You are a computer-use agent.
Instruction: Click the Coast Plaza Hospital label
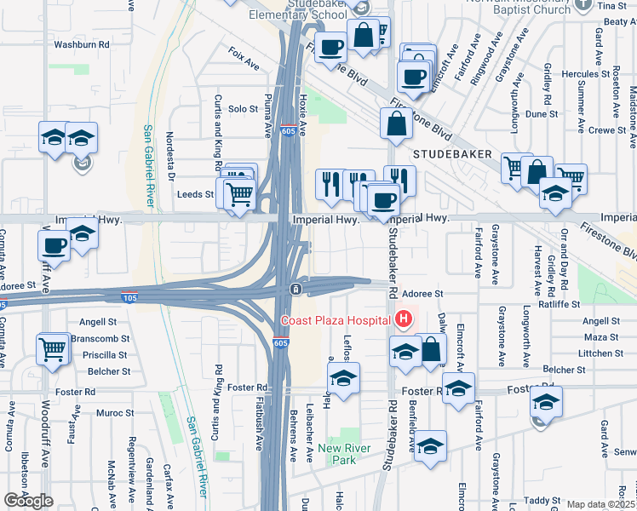[x=336, y=320]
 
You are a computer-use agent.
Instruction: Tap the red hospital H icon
[x=404, y=320]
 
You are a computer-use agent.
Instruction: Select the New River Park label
[x=336, y=454]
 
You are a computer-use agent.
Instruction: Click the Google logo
[x=28, y=501]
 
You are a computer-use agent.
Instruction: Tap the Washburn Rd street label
[x=82, y=43]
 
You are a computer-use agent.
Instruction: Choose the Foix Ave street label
[x=244, y=63]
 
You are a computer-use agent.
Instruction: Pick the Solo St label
[x=243, y=109]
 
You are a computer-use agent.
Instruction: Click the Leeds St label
[x=195, y=194]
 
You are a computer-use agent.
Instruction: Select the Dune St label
[x=541, y=113]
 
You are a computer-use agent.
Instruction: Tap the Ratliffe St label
[x=559, y=303]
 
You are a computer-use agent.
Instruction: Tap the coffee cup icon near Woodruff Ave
[x=56, y=246]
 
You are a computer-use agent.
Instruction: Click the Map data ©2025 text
[x=601, y=505]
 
